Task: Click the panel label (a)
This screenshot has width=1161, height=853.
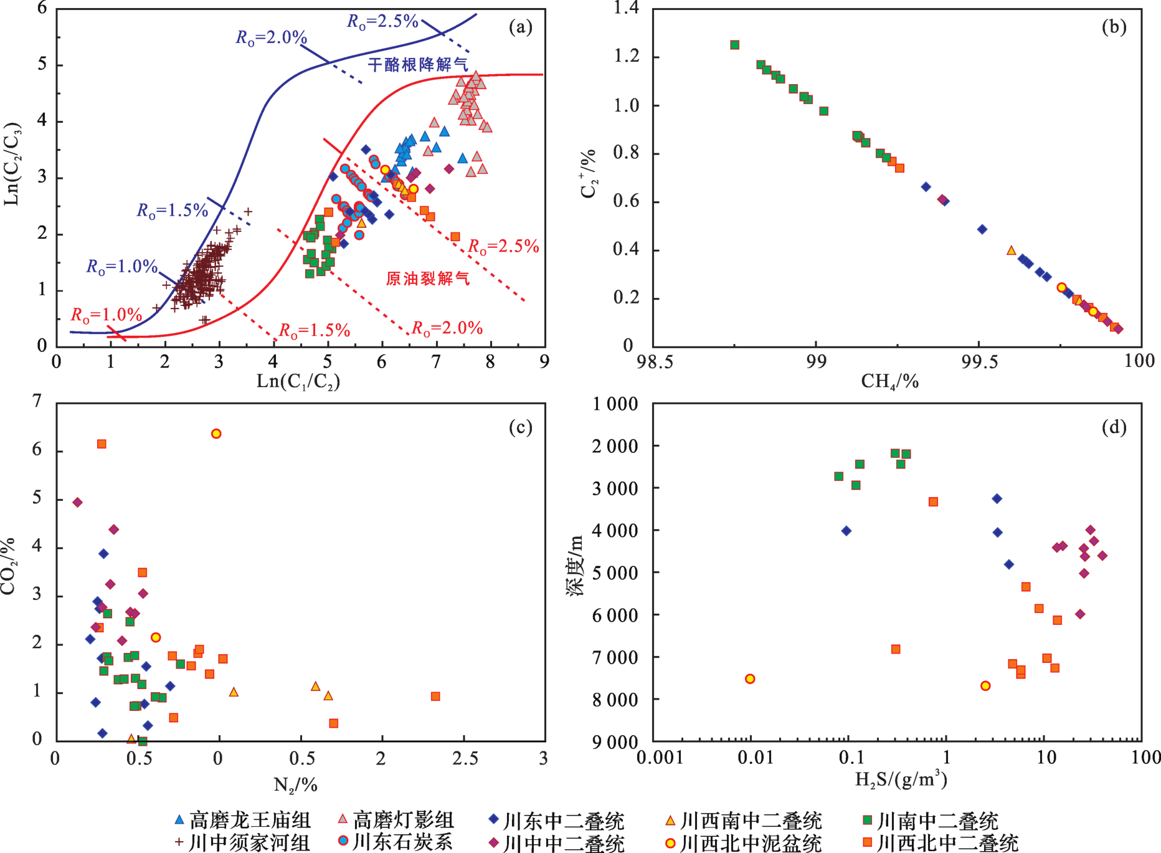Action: coord(521,27)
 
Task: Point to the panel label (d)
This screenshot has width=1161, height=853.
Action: coord(1114,427)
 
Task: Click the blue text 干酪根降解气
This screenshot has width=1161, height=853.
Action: coord(417,64)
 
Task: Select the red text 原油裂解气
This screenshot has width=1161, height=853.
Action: coord(428,278)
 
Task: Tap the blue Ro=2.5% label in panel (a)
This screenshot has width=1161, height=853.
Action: coord(382,21)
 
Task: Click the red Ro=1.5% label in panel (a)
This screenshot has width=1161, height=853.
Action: coord(314,330)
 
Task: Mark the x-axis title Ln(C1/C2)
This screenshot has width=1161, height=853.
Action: coord(298,381)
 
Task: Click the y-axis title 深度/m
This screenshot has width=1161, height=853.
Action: coord(574,565)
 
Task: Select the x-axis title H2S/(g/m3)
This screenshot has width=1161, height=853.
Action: coord(901,779)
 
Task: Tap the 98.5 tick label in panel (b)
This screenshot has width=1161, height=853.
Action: coord(655,361)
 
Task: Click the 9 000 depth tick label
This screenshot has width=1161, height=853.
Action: coord(615,742)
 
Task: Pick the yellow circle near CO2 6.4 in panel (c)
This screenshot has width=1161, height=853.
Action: coord(216,434)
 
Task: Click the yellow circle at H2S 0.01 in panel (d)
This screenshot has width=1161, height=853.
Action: coord(750,679)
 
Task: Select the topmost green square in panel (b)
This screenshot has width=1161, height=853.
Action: coord(735,45)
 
